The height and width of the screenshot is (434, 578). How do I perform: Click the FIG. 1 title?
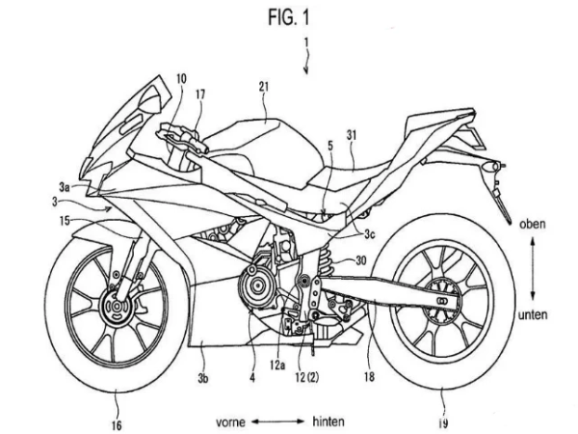[x=289, y=17]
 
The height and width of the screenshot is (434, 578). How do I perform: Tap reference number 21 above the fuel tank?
[x=264, y=87]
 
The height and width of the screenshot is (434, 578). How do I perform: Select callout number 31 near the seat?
[x=352, y=135]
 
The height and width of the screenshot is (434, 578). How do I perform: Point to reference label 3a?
[x=65, y=187]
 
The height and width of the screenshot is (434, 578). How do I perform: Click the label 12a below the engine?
[x=277, y=366]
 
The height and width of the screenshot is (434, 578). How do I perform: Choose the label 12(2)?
[x=306, y=377]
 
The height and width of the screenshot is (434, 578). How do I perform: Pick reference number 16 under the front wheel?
[x=117, y=425]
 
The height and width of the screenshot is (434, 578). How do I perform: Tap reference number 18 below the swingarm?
[x=369, y=376]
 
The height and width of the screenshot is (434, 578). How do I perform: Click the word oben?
[x=533, y=224]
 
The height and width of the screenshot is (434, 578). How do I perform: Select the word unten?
[x=533, y=314]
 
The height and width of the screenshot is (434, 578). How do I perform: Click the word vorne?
[x=230, y=421]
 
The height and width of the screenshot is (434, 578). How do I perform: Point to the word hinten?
[x=328, y=421]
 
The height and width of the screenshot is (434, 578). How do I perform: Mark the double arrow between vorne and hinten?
[x=278, y=421]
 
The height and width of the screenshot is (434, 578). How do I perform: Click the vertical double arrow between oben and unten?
[x=533, y=269]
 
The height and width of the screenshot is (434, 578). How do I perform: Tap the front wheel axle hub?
[x=117, y=307]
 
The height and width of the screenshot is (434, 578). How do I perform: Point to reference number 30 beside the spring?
[x=361, y=260]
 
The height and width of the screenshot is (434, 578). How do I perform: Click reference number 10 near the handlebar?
[x=181, y=78]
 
